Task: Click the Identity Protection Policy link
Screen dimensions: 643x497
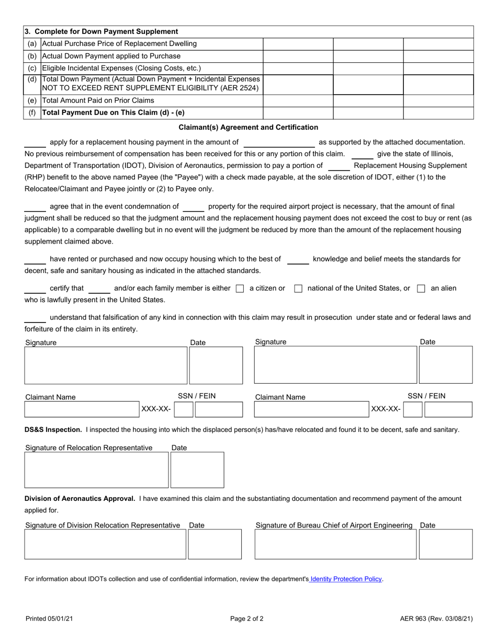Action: tap(346, 579)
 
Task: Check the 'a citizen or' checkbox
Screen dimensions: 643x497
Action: tap(240, 289)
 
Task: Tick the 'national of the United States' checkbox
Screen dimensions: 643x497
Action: tap(298, 289)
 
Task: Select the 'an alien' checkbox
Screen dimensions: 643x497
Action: tap(421, 289)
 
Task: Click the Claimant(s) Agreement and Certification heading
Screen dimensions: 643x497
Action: tap(249, 127)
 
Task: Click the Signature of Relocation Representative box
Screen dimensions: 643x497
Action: tap(97, 470)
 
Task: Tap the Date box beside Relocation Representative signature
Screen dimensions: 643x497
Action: tap(197, 470)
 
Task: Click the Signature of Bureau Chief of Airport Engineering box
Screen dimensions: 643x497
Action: tap(335, 544)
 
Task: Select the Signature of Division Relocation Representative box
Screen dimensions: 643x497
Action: tap(106, 544)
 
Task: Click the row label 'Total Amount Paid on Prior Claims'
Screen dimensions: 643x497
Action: tap(98, 100)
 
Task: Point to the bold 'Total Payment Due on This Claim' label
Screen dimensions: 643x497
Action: tap(113, 112)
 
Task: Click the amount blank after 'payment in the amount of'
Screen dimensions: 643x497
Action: tap(279, 142)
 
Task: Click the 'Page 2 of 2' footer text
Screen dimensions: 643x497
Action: tap(247, 619)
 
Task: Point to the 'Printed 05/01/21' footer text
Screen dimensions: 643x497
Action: tap(49, 619)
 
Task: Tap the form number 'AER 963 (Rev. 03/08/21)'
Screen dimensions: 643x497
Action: tap(436, 619)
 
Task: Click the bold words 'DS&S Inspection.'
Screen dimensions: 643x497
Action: tap(53, 430)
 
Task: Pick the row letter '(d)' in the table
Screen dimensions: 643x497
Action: tap(32, 79)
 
